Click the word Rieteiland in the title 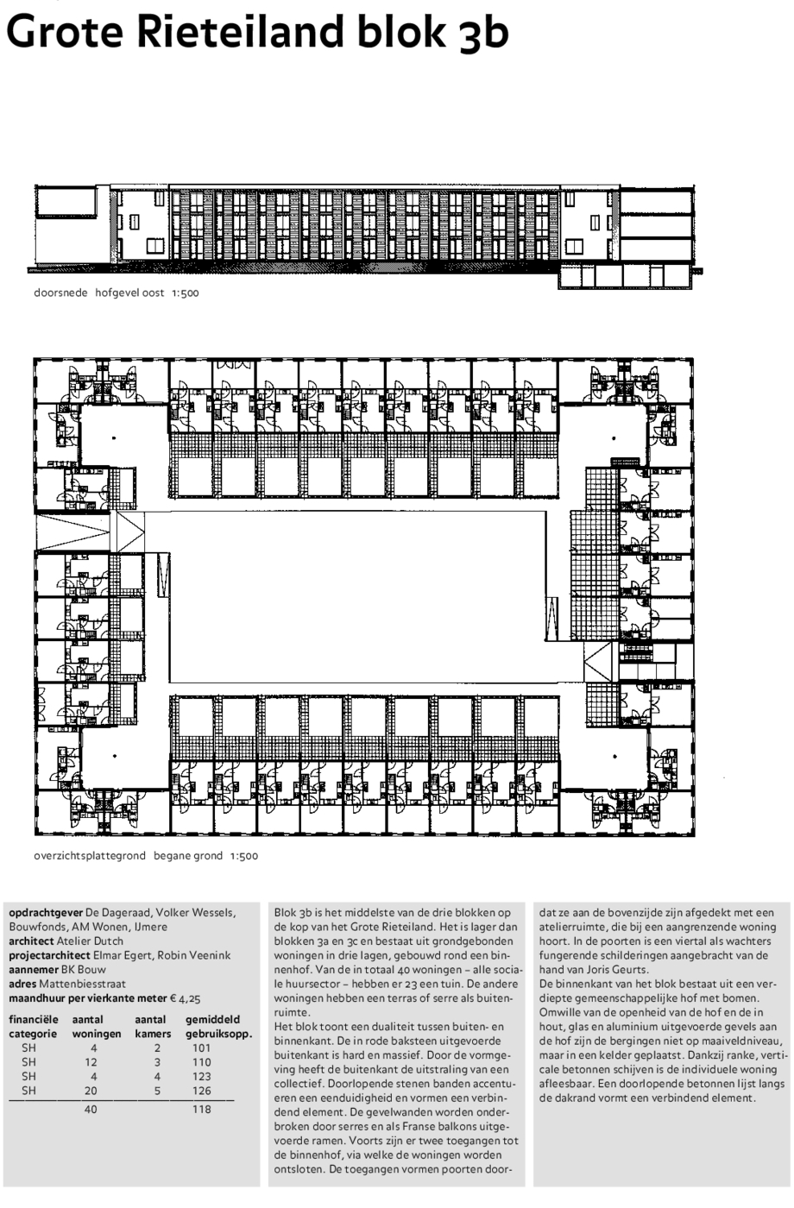pos(240,31)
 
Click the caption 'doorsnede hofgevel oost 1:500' pos(116,293)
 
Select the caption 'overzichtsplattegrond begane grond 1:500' pos(146,855)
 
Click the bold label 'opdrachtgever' pos(46,913)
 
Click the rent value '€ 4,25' pos(185,998)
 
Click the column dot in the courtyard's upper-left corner pos(114,438)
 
